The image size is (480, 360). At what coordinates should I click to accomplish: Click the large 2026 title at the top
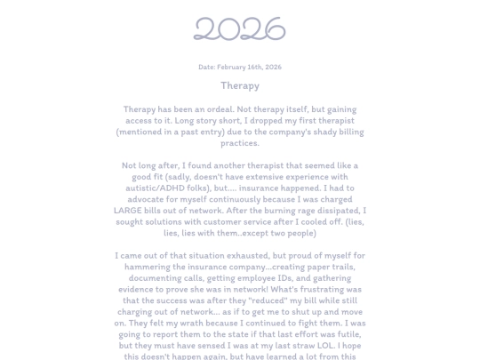(240, 29)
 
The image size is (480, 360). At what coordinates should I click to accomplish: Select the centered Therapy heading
(240, 86)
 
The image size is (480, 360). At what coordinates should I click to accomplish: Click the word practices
(240, 143)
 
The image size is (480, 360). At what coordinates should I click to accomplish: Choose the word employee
(267, 278)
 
